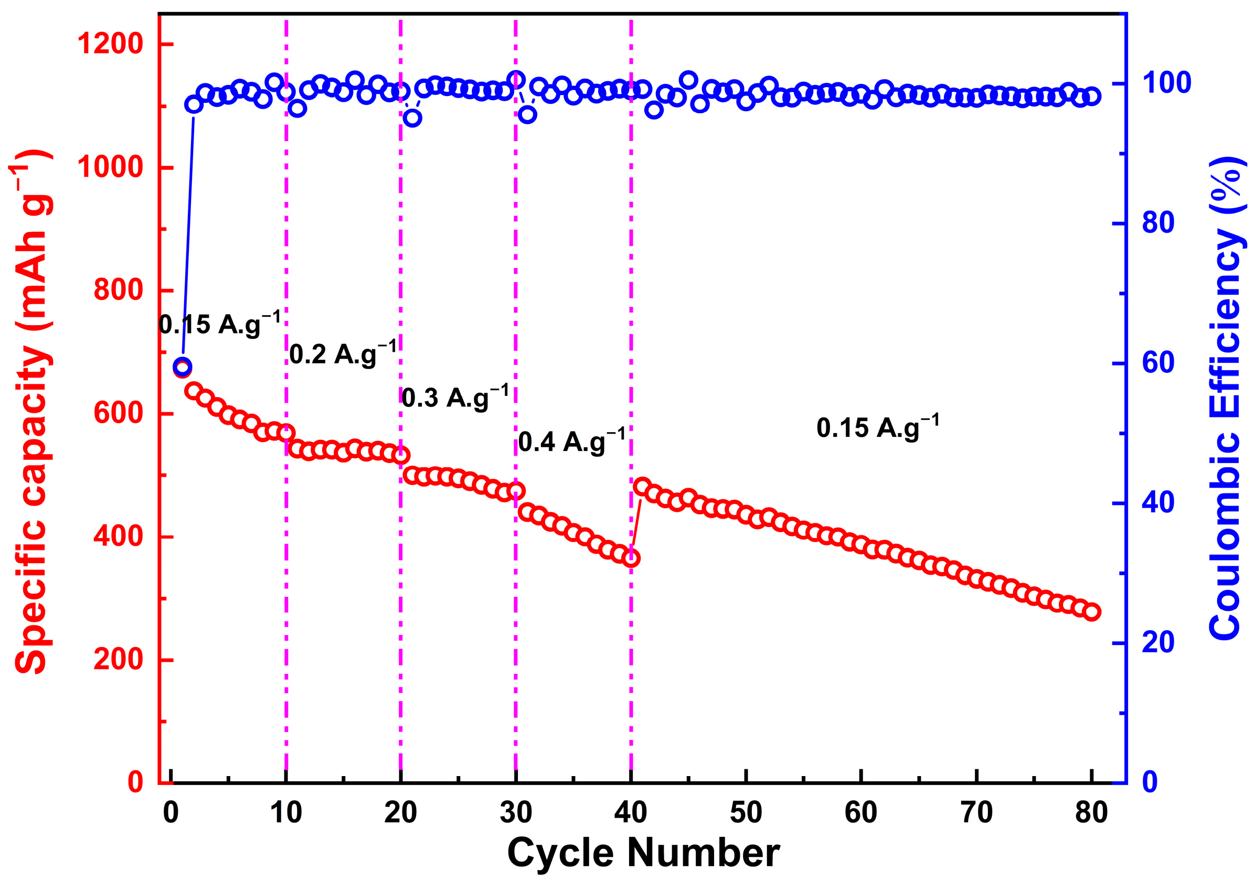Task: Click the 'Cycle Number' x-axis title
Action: tap(643, 853)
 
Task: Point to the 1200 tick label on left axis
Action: tap(110, 44)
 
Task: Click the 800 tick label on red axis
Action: tap(118, 289)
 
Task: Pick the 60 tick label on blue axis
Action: tap(1158, 363)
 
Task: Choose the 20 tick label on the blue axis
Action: tap(1158, 643)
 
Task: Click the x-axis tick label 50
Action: tap(746, 813)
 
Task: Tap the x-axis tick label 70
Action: tap(976, 813)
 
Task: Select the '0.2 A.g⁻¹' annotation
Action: tap(343, 354)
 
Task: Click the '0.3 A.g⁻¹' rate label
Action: tap(455, 398)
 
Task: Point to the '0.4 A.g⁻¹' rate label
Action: tap(572, 442)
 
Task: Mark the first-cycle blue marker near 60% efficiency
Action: tap(182, 367)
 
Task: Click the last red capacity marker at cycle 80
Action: tap(1091, 612)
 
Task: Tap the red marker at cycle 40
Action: tap(631, 558)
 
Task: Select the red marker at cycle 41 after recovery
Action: tap(642, 486)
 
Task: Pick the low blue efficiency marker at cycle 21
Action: tap(412, 117)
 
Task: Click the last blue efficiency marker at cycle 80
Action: tap(1091, 96)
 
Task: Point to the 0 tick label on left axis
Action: tap(135, 782)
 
